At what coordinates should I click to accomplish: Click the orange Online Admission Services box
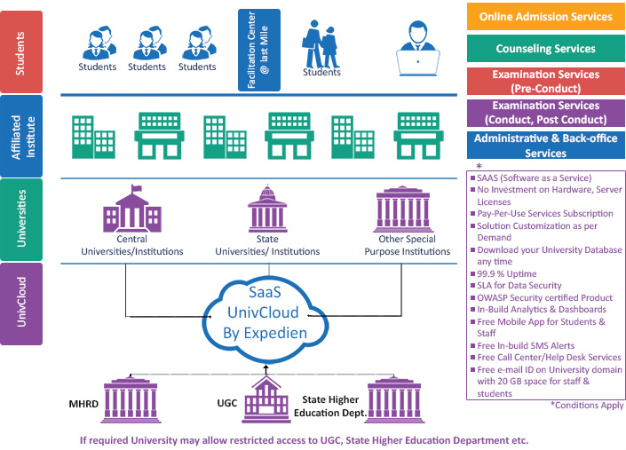[x=546, y=17]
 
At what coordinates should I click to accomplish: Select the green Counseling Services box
[x=546, y=49]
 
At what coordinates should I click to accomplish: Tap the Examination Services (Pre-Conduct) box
[x=546, y=82]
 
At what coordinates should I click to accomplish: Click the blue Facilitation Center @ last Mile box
[x=259, y=50]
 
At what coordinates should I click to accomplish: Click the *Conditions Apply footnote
[x=588, y=404]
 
